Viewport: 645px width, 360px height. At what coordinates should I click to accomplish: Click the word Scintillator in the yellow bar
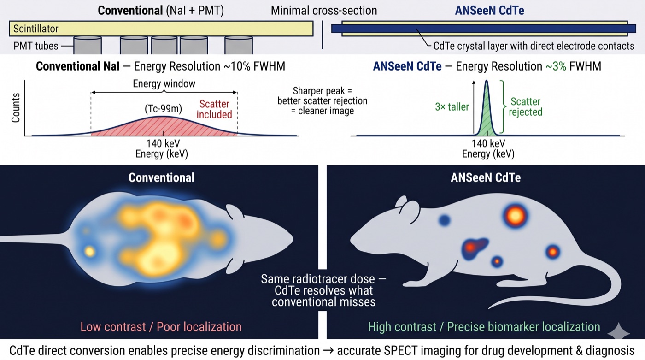36,29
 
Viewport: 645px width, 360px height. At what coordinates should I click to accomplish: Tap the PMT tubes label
36,46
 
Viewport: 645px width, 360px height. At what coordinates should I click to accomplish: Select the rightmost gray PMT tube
239,46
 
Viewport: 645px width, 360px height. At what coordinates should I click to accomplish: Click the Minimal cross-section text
324,11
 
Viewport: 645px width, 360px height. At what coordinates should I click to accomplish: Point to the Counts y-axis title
16,108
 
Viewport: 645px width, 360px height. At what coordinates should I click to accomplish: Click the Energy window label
164,83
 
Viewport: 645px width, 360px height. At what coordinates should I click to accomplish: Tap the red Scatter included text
214,109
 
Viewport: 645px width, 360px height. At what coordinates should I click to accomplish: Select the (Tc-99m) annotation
163,109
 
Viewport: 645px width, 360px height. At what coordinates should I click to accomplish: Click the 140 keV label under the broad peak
163,143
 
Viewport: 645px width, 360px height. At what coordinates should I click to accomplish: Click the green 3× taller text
452,107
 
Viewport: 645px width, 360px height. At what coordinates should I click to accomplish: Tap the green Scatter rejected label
526,106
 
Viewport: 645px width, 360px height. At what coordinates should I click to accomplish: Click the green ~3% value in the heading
556,66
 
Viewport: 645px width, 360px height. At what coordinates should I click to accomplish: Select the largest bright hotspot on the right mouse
516,215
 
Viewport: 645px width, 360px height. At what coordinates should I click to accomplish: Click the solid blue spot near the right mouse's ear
445,220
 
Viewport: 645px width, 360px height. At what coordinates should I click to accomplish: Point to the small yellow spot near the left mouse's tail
90,252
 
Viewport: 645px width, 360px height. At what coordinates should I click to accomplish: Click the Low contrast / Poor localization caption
161,327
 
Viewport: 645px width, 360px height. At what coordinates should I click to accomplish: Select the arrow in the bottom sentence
328,351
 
